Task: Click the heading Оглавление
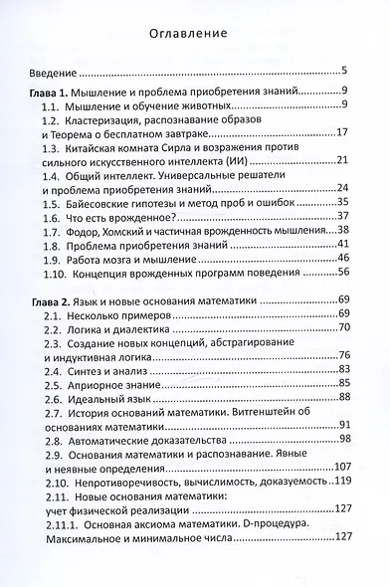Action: (195, 31)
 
